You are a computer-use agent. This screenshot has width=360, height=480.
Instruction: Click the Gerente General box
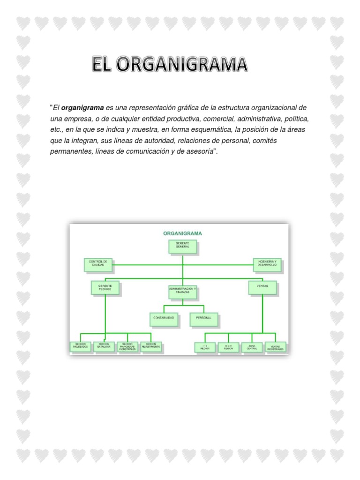point(182,247)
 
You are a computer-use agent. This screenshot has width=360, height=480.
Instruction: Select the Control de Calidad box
point(98,264)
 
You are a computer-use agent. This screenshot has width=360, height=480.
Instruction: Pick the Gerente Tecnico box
point(105,287)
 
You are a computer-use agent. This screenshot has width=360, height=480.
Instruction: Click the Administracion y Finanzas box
point(182,292)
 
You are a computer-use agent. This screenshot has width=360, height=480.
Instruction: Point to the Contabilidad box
point(164,318)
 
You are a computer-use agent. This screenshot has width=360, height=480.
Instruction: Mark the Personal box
point(203,318)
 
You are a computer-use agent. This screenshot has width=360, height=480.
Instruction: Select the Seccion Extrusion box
point(104,346)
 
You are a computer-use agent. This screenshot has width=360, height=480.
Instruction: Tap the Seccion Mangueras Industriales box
point(127,347)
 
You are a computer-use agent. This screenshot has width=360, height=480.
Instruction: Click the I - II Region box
point(205,347)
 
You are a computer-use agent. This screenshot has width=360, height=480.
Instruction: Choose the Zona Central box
point(252,347)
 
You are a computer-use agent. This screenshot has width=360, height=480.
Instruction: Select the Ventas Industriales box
point(275,347)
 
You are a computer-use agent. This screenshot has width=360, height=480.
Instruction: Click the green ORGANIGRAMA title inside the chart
point(182,232)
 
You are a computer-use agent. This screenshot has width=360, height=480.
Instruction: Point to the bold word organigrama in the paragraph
point(82,108)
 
